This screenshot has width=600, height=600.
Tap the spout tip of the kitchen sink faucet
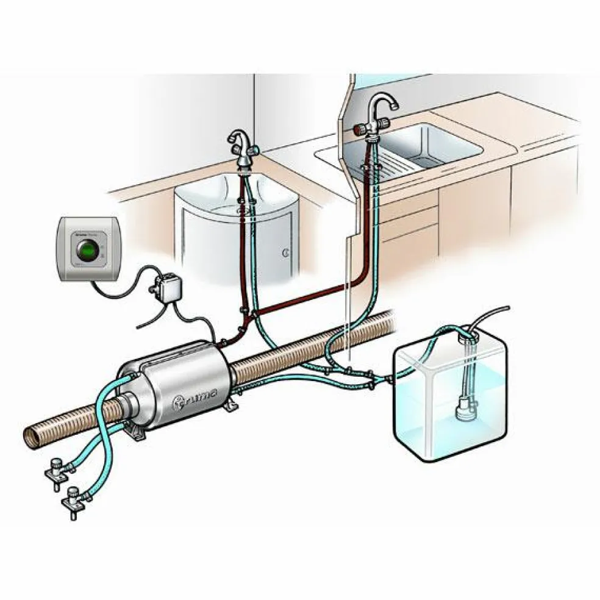click(395, 106)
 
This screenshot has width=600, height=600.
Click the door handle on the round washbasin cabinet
click(285, 252)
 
